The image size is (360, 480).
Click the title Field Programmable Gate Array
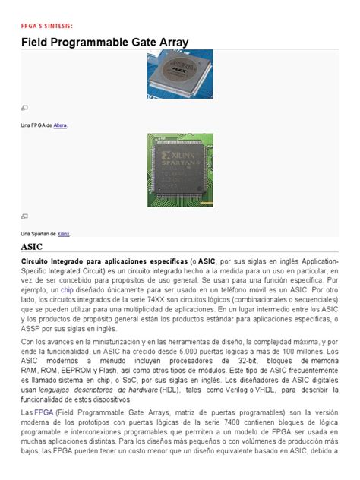(x=105, y=43)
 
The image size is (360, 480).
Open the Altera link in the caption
(x=60, y=125)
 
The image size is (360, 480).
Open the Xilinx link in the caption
(x=64, y=234)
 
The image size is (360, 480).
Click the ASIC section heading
(x=32, y=248)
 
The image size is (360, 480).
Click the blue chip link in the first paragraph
(x=67, y=290)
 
